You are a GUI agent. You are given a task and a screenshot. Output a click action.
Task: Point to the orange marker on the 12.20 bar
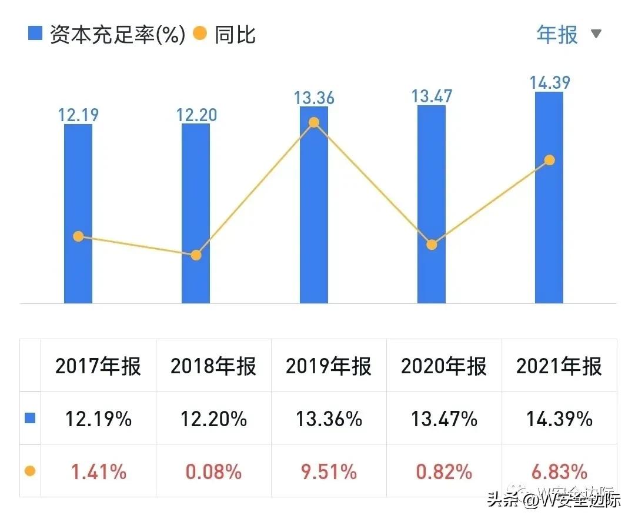coord(196,255)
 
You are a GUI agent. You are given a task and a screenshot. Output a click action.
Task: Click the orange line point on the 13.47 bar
coord(432,245)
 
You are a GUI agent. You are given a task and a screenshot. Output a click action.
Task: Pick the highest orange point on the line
coord(314,122)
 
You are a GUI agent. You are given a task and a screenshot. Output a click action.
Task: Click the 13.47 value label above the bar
coord(432,95)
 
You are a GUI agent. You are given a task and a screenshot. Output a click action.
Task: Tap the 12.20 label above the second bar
coord(196,113)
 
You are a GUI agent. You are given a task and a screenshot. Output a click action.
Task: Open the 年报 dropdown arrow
coord(596,34)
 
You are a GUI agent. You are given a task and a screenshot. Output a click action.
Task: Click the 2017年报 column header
coord(98,366)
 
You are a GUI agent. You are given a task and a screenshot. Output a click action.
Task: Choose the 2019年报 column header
coord(329,366)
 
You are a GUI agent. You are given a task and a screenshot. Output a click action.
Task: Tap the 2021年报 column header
coord(559,366)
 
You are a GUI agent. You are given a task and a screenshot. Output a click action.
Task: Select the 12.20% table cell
coord(213,419)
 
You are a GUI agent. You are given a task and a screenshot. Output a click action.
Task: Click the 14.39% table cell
coord(559,419)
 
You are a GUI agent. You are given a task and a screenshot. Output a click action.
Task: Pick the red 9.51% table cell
coord(329,471)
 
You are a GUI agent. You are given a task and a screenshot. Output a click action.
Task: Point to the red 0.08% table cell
coord(213,471)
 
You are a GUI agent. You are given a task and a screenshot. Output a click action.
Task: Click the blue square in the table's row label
coord(30,419)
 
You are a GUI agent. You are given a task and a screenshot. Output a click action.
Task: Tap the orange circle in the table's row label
coord(30,471)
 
